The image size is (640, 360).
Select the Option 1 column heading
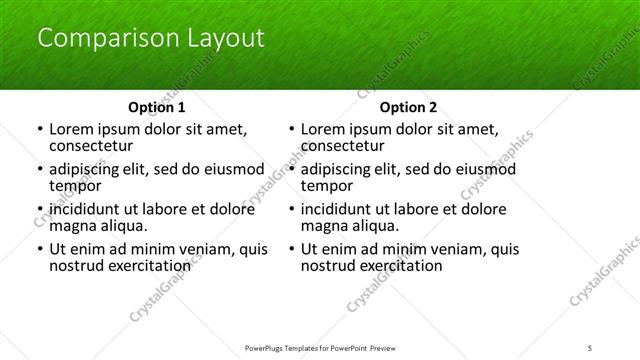pos(157,107)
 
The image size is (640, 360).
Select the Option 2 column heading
pos(408,107)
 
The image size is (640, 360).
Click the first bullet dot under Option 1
pos(38,130)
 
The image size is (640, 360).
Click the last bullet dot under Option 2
pos(290,249)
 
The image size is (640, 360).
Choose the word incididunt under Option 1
pos(91,208)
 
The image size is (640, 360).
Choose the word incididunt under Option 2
pos(342,208)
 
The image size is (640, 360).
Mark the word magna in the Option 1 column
pos(73,227)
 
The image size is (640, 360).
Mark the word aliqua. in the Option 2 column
pos(376,227)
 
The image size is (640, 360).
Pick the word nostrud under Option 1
pos(76,266)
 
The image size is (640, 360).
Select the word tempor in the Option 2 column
pos(326,187)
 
